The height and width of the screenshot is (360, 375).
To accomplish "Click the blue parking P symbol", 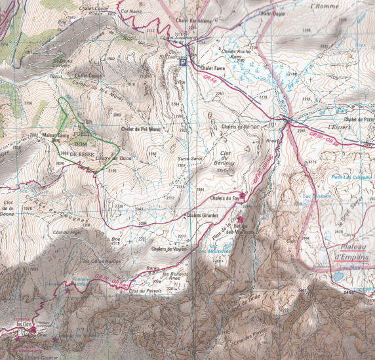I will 183,63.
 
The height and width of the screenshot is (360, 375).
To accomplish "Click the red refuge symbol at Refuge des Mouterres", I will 241,220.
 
